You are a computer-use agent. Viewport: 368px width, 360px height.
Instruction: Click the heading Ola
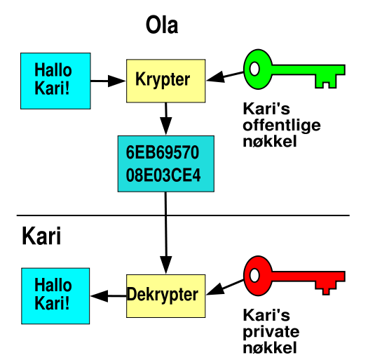pyautogui.click(x=162, y=25)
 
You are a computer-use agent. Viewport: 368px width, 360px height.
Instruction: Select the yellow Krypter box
pyautogui.click(x=165, y=81)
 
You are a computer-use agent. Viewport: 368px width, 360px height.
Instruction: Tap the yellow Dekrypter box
pyautogui.click(x=165, y=296)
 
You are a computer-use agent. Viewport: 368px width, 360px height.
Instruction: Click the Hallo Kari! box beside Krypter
pyautogui.click(x=55, y=81)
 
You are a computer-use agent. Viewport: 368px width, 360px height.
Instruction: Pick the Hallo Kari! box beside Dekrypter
pyautogui.click(x=55, y=296)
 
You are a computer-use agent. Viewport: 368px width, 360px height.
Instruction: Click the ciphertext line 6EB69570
pyautogui.click(x=163, y=152)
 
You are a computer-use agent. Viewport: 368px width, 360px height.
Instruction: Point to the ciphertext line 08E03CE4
pyautogui.click(x=163, y=175)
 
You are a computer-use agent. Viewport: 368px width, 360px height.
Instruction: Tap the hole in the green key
pyautogui.click(x=254, y=69)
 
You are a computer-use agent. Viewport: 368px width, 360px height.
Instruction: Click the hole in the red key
pyautogui.click(x=254, y=275)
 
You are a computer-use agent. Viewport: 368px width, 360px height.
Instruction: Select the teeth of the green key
pyautogui.click(x=326, y=81)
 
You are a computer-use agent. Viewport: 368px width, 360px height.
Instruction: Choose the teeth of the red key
pyautogui.click(x=326, y=288)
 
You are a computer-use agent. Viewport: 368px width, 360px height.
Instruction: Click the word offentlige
pyautogui.click(x=282, y=126)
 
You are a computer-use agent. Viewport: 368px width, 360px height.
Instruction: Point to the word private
pyautogui.click(x=271, y=332)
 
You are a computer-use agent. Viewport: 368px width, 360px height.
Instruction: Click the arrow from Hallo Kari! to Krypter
pyautogui.click(x=108, y=81)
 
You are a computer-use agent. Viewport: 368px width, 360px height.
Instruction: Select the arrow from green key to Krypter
pyautogui.click(x=225, y=76)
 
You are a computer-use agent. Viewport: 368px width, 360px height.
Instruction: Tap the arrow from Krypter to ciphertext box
pyautogui.click(x=166, y=119)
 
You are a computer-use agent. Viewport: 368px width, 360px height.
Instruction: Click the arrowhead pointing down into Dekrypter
pyautogui.click(x=166, y=265)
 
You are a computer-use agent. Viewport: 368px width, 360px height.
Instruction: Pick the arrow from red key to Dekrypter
pyautogui.click(x=225, y=287)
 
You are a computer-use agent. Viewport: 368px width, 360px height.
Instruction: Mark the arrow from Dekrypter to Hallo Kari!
pyautogui.click(x=109, y=296)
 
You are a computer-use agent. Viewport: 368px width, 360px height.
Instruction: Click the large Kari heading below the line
pyautogui.click(x=41, y=236)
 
